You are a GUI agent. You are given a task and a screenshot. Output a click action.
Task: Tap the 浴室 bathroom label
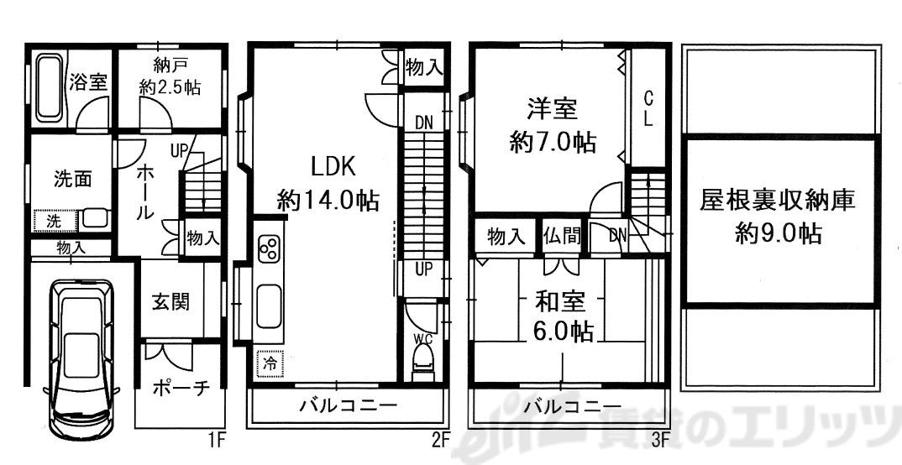[87, 82]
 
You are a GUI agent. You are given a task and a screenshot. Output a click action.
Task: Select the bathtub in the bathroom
[50, 86]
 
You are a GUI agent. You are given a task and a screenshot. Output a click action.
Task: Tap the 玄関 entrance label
[170, 301]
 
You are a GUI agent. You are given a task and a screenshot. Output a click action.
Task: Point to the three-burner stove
[270, 249]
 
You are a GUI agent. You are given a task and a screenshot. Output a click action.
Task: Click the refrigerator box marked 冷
[270, 364]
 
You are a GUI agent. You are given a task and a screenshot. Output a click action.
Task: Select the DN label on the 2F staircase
[424, 123]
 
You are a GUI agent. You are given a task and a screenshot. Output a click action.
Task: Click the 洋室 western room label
[552, 109]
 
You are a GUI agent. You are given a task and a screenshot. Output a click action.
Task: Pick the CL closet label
[648, 107]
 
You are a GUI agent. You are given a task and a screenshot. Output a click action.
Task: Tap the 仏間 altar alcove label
[562, 236]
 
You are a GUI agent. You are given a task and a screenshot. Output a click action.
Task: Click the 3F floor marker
[661, 437]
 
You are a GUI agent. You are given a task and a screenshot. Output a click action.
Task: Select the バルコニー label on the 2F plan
[348, 407]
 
